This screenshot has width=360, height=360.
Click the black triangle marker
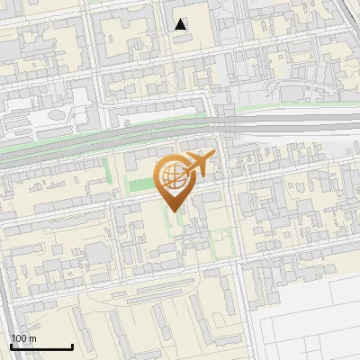pyautogui.click(x=181, y=24)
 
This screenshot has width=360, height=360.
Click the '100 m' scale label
pyautogui.click(x=23, y=338)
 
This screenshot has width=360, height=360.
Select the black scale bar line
pyautogui.click(x=41, y=347)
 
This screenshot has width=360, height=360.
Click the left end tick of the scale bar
pyautogui.click(x=11, y=346)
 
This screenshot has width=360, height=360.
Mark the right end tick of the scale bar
pyautogui.click(x=72, y=346)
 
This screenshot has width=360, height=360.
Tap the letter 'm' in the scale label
pyautogui.click(x=32, y=338)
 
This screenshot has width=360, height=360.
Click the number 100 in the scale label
pyautogui.click(x=19, y=338)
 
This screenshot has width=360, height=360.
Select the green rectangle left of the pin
pyautogui.click(x=140, y=185)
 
